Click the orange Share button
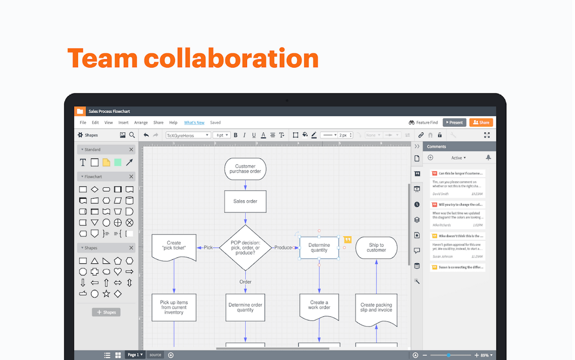(481, 122)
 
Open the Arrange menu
(141, 123)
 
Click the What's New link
(194, 123)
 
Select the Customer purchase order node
(245, 169)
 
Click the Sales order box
(245, 201)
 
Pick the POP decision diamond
(245, 248)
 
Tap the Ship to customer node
(376, 247)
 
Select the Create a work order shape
(319, 306)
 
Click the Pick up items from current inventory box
(174, 307)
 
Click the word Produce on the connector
(283, 247)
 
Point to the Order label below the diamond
(245, 282)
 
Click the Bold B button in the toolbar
(243, 135)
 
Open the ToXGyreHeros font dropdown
(188, 135)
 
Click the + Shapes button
(106, 312)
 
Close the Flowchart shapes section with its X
(131, 177)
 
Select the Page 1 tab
(134, 355)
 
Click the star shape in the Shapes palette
(106, 293)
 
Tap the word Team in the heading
(102, 58)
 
